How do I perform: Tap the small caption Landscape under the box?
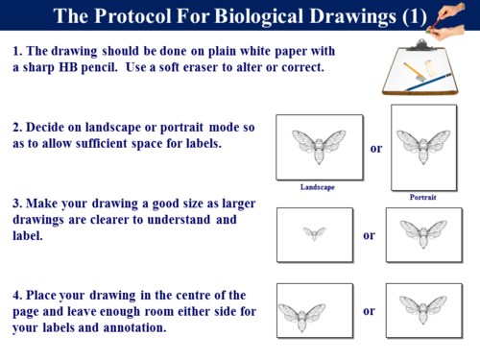coord(317,187)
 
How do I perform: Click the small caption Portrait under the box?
coord(422,198)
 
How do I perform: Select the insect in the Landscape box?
coord(319,146)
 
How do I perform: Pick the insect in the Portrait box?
coord(423,146)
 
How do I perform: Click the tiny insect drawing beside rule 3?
coord(314,233)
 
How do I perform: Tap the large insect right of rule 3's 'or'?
coord(423,233)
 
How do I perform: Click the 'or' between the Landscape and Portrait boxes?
coord(376,149)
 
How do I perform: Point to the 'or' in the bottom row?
coord(369,311)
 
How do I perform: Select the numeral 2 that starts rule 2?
coord(17,127)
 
